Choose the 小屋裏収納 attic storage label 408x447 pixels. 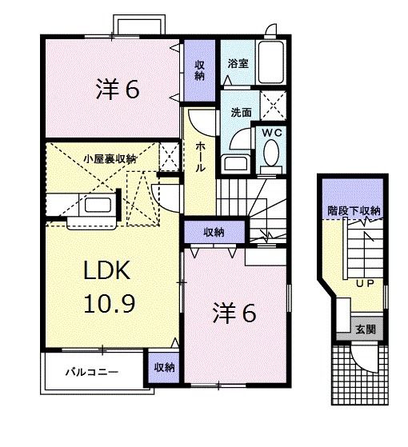[x=110, y=159]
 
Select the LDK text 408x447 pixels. [x=107, y=273]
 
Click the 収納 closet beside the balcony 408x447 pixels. [x=164, y=367]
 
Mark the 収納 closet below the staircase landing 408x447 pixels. [x=213, y=232]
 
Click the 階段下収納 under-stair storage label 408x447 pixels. [x=353, y=210]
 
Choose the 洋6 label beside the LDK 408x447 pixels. [x=234, y=314]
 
